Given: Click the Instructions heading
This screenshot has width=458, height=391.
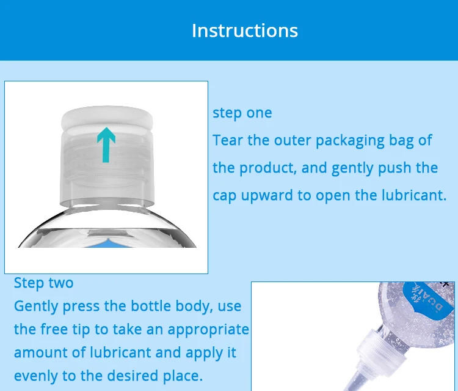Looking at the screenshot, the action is (245, 31).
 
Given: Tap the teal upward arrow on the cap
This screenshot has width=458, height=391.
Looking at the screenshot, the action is (106, 144).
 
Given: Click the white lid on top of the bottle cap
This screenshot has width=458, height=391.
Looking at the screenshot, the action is (107, 117).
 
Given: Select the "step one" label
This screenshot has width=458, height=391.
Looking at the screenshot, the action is (242, 113).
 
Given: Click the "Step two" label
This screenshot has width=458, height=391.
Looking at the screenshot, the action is (43, 283).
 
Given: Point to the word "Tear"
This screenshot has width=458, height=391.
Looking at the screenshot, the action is (228, 140).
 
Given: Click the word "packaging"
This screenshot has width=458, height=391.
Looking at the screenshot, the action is (350, 141).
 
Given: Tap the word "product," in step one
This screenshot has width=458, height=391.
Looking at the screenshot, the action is (268, 168).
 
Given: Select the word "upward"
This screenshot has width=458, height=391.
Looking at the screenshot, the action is (267, 196).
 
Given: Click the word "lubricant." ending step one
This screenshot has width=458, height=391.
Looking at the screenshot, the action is (414, 195).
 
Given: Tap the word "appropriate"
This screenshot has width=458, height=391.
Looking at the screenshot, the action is (208, 330).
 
